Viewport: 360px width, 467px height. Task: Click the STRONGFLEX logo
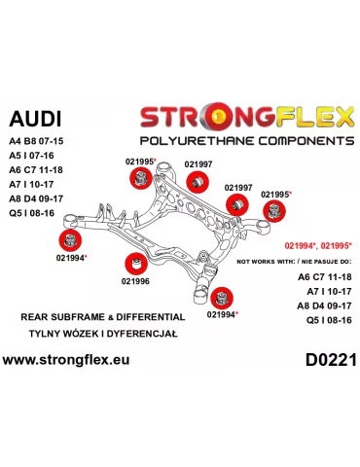coord(246,118)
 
